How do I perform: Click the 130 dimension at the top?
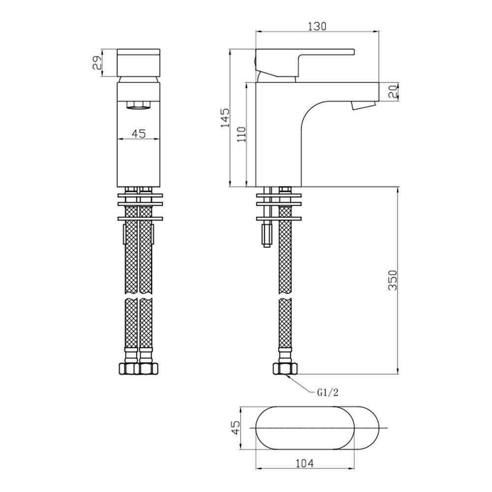(x=317, y=27)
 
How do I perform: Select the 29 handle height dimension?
(x=97, y=62)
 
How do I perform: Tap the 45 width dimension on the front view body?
(x=139, y=133)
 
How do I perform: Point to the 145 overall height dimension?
(x=225, y=118)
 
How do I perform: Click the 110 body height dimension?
(x=241, y=134)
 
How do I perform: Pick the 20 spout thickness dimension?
(x=392, y=91)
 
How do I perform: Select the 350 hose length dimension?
(x=392, y=280)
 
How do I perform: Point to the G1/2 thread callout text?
(x=327, y=392)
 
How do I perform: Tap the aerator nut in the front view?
(x=139, y=104)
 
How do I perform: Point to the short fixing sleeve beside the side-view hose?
(x=266, y=235)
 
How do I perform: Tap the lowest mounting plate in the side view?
(x=278, y=218)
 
